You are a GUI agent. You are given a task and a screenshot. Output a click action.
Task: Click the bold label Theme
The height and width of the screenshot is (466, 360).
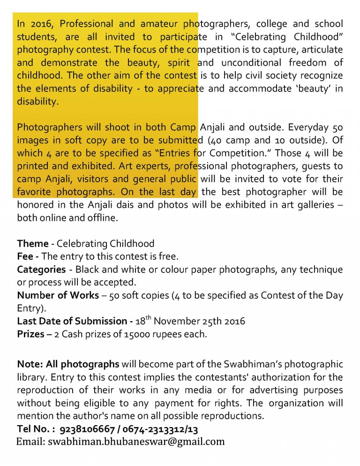pyautogui.click(x=33, y=244)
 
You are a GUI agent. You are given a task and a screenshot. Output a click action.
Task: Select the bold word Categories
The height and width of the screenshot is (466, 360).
pyautogui.click(x=41, y=270)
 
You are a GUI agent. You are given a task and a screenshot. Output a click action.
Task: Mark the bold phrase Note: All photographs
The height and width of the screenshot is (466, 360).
pyautogui.click(x=68, y=364)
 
